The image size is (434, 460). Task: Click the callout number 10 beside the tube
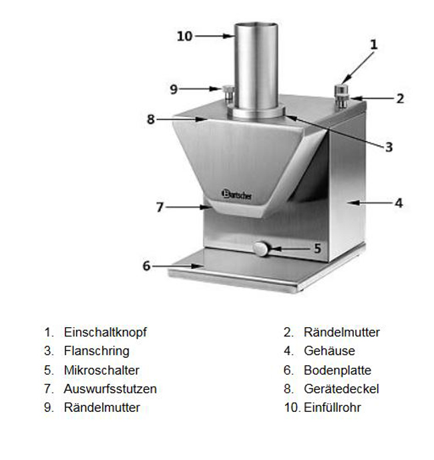point(184,36)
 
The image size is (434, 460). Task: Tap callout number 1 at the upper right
point(373,45)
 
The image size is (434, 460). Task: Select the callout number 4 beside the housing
point(399,203)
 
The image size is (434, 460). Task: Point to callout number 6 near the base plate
point(146,266)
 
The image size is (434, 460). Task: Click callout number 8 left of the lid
point(150,120)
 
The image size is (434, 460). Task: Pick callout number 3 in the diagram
point(389,147)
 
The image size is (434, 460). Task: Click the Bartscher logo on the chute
point(236,194)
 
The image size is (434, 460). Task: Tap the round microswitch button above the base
point(260,249)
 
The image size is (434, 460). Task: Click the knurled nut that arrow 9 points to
point(228,93)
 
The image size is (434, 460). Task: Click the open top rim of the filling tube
point(256,25)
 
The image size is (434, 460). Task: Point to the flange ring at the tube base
point(256,113)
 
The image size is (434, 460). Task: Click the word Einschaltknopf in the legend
point(105,332)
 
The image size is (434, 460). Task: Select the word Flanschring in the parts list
point(97,351)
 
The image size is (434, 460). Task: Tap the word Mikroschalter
point(101,371)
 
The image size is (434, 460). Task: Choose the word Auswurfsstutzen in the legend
point(110,389)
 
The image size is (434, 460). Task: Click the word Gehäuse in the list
point(329,351)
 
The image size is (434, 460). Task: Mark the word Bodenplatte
point(337,371)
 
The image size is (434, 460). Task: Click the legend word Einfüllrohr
point(332,407)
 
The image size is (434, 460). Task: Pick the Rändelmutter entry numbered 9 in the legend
point(102,407)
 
